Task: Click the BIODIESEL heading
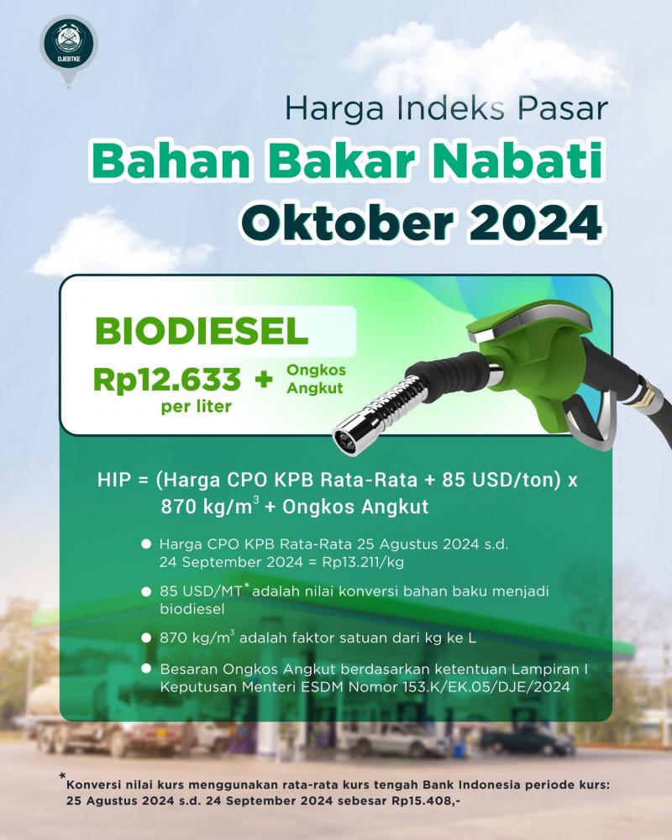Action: (x=202, y=332)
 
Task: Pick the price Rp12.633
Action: (x=166, y=380)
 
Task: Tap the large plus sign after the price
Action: (x=264, y=380)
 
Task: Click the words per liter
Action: (x=196, y=407)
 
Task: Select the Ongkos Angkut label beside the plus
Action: (x=316, y=379)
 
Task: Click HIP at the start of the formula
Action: (x=114, y=480)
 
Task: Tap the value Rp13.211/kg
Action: (x=363, y=562)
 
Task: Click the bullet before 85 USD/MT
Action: (x=146, y=591)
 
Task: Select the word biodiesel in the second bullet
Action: (x=192, y=609)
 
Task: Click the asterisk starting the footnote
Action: (x=63, y=775)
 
